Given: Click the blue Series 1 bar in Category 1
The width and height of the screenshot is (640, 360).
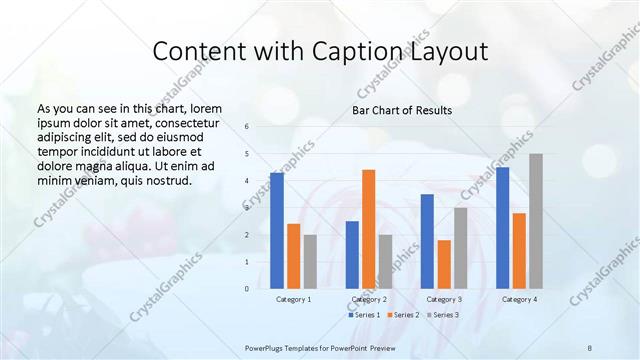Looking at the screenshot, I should [x=277, y=231].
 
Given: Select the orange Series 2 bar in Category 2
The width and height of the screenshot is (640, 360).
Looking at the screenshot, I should [x=368, y=229].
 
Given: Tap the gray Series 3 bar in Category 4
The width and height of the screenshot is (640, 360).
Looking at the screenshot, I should [x=536, y=221].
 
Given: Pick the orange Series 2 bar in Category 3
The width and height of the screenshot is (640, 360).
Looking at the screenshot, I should [x=444, y=264].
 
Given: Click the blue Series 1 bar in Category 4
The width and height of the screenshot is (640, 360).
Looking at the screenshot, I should [x=502, y=228].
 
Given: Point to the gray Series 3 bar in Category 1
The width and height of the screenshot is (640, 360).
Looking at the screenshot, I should [x=310, y=262].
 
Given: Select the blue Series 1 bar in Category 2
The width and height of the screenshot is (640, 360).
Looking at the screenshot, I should [x=352, y=255].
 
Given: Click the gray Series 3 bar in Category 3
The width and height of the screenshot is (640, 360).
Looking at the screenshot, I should [x=460, y=248].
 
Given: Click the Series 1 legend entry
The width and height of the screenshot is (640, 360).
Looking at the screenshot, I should [x=362, y=315].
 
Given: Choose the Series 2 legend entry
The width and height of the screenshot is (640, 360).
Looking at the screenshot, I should [x=403, y=315].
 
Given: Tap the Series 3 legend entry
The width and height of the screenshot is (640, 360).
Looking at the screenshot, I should [x=444, y=315].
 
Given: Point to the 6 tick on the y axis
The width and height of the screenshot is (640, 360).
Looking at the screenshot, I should [x=247, y=127].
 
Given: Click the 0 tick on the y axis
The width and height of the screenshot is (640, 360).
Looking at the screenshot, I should [x=247, y=289].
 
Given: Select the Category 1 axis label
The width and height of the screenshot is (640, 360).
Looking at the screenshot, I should [x=293, y=299].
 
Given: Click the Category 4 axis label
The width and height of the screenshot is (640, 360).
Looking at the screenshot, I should [x=519, y=299].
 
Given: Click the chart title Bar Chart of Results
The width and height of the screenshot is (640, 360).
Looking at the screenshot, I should [x=402, y=110].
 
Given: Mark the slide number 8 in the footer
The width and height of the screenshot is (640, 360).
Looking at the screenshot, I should [x=589, y=346].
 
